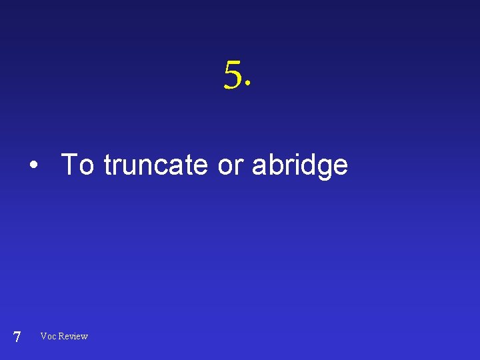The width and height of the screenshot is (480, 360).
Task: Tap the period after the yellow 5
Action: tap(249, 85)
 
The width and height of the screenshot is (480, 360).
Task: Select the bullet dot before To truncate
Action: tap(32, 165)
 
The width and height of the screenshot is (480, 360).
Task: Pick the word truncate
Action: tap(156, 164)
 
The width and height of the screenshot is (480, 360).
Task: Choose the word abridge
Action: tap(299, 165)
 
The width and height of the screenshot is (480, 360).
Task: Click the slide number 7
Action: tap(17, 337)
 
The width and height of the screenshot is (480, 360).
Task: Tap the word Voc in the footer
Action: tap(48, 336)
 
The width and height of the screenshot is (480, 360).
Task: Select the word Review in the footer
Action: tap(73, 336)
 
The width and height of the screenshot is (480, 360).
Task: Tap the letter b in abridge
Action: tap(273, 164)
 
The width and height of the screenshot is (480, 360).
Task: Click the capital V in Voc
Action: tap(43, 336)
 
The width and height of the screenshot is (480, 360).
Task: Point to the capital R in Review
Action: tap(61, 336)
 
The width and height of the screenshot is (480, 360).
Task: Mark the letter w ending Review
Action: tap(84, 337)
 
